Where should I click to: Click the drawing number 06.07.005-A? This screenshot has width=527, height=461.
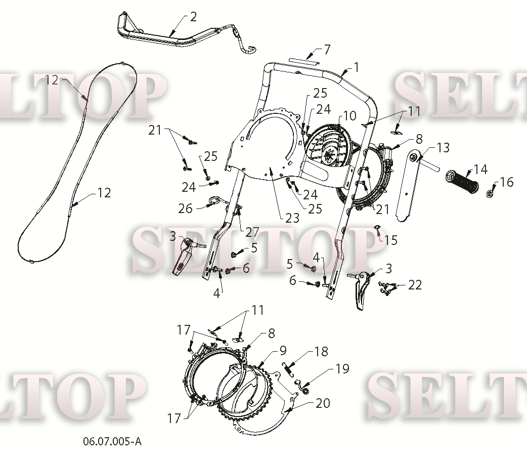112,441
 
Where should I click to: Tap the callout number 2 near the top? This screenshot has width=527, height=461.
193,17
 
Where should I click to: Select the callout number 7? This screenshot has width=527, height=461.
327,50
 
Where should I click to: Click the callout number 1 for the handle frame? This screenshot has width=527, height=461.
356,67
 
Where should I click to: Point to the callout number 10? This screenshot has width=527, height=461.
350,116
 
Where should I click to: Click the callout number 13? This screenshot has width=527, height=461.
444,147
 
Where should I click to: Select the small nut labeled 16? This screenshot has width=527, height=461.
490,194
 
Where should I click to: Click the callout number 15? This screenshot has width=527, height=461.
391,240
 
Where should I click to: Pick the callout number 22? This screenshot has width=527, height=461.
415,285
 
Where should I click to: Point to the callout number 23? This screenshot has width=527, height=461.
292,218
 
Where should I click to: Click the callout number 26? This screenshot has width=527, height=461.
185,208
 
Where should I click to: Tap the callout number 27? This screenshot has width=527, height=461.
252,232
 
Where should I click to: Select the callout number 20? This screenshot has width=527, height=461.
323,403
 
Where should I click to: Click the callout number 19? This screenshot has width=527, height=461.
342,368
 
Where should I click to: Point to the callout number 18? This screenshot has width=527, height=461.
321,351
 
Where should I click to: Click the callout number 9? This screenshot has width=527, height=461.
283,350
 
